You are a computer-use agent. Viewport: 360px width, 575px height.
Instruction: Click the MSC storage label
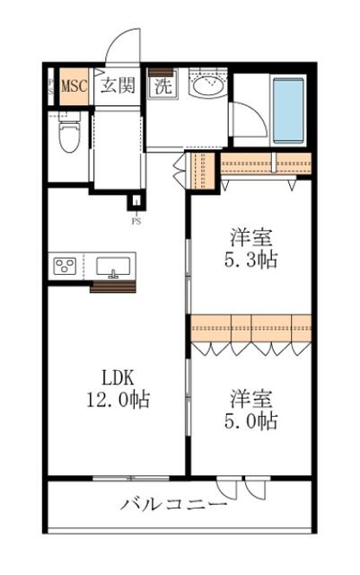74,86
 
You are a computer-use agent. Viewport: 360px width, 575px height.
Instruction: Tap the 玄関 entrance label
118,85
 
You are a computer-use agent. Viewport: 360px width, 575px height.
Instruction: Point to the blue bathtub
288,110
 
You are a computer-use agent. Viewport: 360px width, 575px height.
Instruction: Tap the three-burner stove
66,266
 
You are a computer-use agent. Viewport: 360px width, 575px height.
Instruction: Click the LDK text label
118,377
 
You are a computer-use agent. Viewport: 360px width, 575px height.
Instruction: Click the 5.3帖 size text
250,260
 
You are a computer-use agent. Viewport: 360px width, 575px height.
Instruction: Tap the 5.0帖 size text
250,421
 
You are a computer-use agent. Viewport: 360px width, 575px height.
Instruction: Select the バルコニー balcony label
174,505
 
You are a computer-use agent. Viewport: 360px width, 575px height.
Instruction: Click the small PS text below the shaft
136,222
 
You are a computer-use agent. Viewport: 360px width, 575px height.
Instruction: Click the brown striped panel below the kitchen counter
113,287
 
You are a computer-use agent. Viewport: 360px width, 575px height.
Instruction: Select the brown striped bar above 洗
161,72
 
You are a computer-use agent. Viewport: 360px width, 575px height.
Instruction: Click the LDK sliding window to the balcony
131,478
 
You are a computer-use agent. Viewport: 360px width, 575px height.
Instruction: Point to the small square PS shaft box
136,201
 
